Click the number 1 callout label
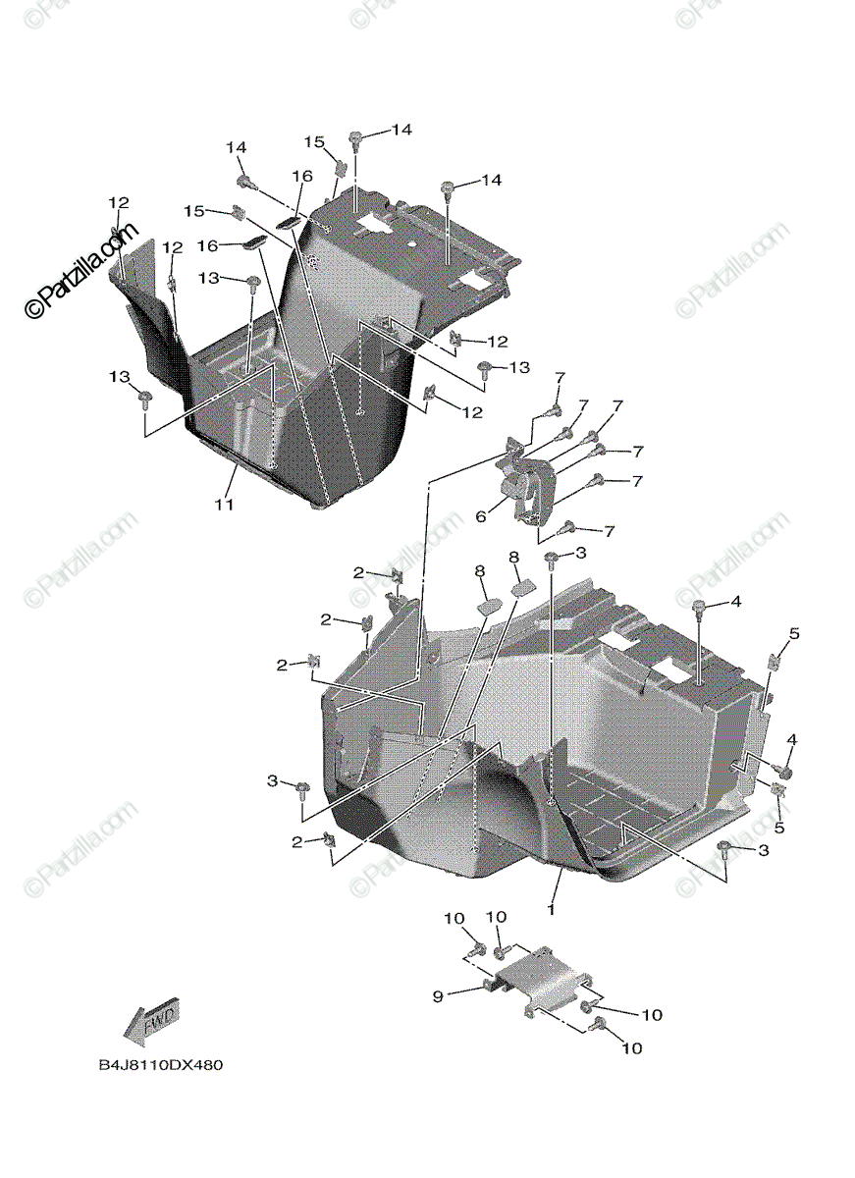pos(552,909)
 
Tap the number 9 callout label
pos(438,995)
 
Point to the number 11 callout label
pos(224,505)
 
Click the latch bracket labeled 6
pos(528,487)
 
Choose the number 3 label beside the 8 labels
pos(580,554)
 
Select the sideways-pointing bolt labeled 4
pos(782,773)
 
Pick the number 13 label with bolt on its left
pos(517,367)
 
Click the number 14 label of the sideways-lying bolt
pos(236,147)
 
